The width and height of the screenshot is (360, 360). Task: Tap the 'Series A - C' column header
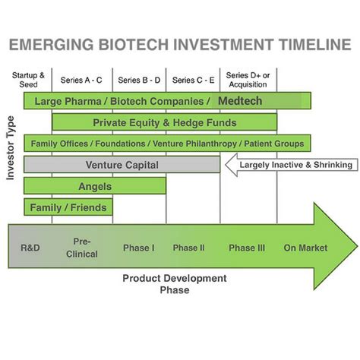[x=82, y=80]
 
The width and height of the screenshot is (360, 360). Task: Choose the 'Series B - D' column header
[x=139, y=80]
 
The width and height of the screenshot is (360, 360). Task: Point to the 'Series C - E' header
[x=193, y=80]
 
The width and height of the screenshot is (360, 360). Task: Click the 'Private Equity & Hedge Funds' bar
[x=164, y=122]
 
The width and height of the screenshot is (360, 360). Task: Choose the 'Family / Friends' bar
[x=68, y=207]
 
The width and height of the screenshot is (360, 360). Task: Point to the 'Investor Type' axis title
[x=11, y=147]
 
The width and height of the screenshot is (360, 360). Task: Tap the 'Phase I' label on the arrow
[x=138, y=248]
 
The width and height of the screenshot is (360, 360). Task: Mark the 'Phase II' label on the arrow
[x=189, y=248]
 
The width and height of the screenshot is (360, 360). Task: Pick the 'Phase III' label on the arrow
[x=247, y=248]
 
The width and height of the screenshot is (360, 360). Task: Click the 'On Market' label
[x=305, y=248]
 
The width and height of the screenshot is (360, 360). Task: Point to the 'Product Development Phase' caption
[x=174, y=283]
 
